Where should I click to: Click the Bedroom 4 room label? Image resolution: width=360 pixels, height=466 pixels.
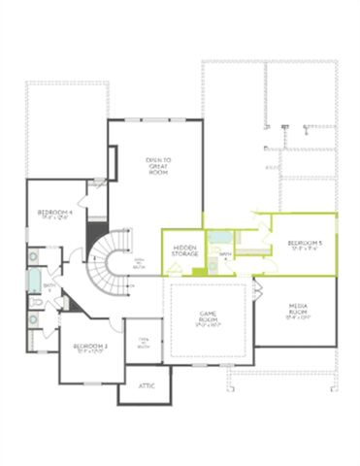(x=55, y=215)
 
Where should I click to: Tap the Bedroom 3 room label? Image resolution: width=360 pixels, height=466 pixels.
(x=91, y=348)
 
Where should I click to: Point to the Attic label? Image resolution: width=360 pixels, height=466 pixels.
(x=147, y=385)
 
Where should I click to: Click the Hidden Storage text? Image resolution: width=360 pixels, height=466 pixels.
(x=185, y=251)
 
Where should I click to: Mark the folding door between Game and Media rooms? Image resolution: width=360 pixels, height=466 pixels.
(x=257, y=288)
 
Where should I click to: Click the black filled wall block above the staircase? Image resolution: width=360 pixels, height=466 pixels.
(x=94, y=237)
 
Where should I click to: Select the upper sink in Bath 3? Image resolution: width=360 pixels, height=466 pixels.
(x=33, y=257)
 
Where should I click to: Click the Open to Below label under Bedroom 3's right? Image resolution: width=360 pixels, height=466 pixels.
(x=142, y=341)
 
